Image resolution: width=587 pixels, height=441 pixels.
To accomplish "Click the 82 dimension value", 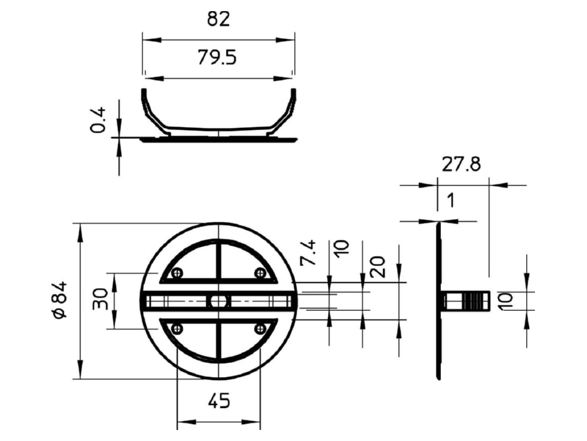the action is pos(218,19).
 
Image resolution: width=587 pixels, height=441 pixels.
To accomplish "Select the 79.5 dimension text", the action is pos(217,58).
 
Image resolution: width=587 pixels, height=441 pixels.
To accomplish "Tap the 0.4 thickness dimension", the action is pos(98,120).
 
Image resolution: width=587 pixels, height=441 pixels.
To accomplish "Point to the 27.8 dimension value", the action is pos(462,164).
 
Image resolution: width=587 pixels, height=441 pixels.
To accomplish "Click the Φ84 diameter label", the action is pos(59,300).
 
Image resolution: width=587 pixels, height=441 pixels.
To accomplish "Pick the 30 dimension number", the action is pos(100,299).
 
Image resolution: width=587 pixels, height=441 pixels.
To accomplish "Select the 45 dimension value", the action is pos(219,401).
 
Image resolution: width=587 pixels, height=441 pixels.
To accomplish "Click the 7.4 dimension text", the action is pos(308,253).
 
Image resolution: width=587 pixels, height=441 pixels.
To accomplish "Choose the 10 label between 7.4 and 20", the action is pos(341,248).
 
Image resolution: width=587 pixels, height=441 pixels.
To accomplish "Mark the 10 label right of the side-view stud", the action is pos(506,301).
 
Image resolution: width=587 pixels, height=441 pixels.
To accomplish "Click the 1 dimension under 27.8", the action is pos(451,200).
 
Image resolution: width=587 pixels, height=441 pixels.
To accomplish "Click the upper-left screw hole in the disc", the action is pos(177,273).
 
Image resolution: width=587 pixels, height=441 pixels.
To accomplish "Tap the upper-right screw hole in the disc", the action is pos(260,273).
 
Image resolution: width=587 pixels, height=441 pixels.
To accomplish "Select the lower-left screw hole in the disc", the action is pos(177,329).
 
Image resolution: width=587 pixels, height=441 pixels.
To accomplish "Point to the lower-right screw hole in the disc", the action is pos(260,329).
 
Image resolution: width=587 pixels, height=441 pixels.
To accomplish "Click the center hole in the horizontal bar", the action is pos(218,301).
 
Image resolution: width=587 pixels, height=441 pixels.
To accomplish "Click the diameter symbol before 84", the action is pos(59,312).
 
